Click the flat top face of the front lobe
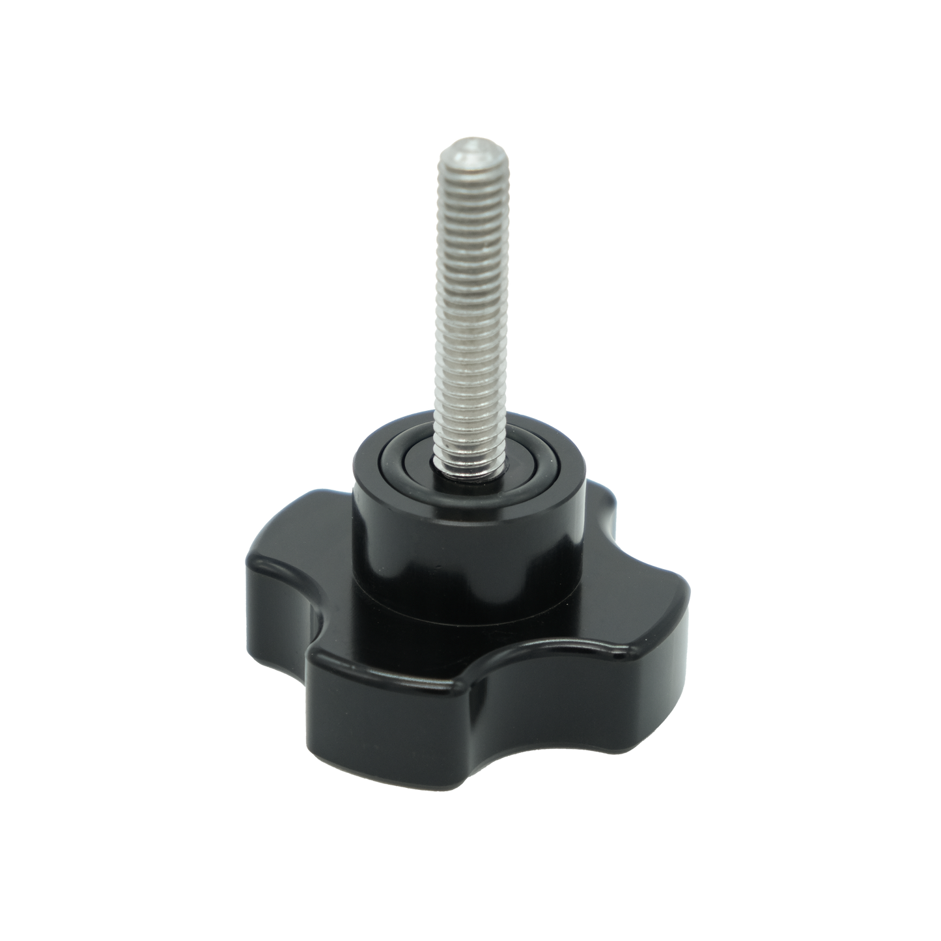pos(404,658)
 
